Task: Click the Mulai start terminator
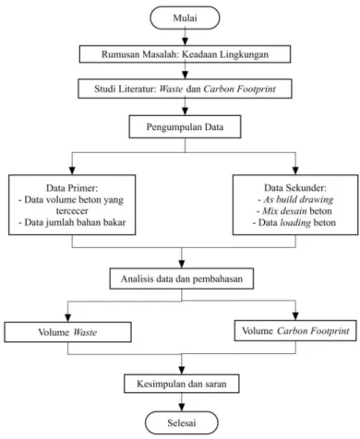pyautogui.click(x=185, y=18)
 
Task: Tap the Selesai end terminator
pyautogui.click(x=182, y=423)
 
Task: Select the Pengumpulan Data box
pyautogui.click(x=185, y=126)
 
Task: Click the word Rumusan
pyautogui.click(x=116, y=54)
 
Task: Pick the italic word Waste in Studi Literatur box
pyautogui.click(x=171, y=89)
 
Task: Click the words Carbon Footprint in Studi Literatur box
pyautogui.click(x=240, y=89)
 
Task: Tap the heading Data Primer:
pyautogui.click(x=72, y=188)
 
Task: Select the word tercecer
pyautogui.click(x=72, y=211)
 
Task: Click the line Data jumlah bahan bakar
pyautogui.click(x=72, y=222)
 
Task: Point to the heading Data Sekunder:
pyautogui.click(x=295, y=188)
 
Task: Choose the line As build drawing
pyautogui.click(x=295, y=199)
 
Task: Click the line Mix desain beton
pyautogui.click(x=294, y=211)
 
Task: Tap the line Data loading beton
pyautogui.click(x=294, y=222)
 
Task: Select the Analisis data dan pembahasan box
pyautogui.click(x=182, y=279)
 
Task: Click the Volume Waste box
pyautogui.click(x=67, y=332)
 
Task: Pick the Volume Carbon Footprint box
pyautogui.click(x=295, y=330)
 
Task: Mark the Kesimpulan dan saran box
pyautogui.click(x=182, y=384)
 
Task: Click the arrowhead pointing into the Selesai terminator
pyautogui.click(x=182, y=408)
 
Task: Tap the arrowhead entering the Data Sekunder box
pyautogui.click(x=295, y=171)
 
